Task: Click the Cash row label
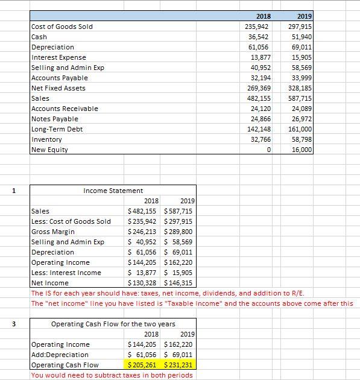click(39, 36)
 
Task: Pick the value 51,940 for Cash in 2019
click(302, 36)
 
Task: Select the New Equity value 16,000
click(302, 150)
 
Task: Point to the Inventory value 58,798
click(302, 139)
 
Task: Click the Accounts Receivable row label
click(65, 109)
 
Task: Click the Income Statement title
click(113, 191)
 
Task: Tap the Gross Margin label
click(52, 232)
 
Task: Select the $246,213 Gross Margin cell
click(142, 232)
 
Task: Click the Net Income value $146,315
click(178, 283)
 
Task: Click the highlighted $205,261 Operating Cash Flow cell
click(142, 365)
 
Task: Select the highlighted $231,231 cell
click(178, 365)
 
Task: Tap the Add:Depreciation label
click(60, 355)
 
